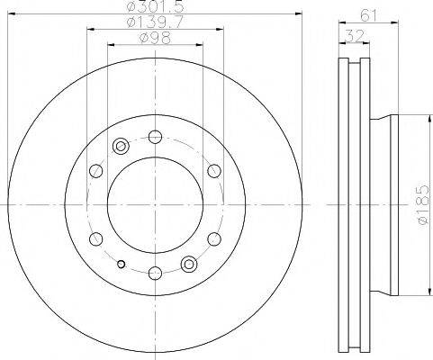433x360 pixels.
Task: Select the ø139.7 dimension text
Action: pos(155,22)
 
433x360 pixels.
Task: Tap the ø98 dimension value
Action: pos(155,38)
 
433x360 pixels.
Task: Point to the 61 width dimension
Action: pos(368,14)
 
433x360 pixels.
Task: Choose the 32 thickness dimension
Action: pos(354,36)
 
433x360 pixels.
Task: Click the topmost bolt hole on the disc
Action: pos(155,137)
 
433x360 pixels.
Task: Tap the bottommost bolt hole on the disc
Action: pos(155,273)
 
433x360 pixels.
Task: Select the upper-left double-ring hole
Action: pos(121,146)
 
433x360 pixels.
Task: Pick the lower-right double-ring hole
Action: pos(189,264)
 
